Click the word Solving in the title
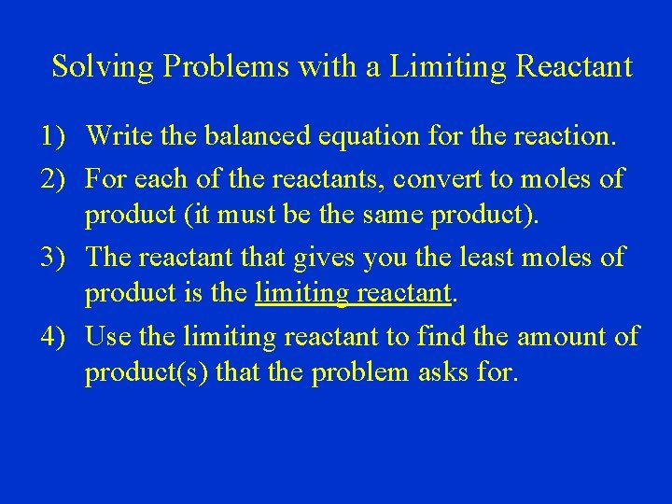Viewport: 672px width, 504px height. (91, 67)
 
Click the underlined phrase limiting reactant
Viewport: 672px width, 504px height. (354, 296)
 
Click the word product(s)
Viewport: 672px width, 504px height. (147, 374)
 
